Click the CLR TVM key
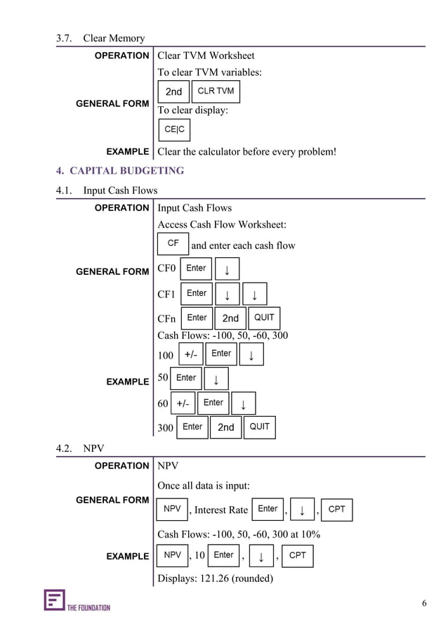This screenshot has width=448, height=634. click(216, 91)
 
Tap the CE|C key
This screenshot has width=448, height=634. click(174, 130)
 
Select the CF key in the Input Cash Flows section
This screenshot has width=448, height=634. click(173, 244)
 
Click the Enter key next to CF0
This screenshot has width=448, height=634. click(196, 269)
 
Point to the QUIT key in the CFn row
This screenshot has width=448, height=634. click(264, 318)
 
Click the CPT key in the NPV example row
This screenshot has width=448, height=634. click(298, 555)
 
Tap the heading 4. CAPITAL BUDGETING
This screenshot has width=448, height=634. click(120, 171)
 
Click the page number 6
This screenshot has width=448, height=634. click(424, 603)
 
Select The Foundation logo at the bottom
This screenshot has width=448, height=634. click(77, 601)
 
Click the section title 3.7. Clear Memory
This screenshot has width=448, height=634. click(100, 38)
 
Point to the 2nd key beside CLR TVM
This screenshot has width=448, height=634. click(173, 92)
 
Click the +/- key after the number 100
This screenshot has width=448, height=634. click(190, 355)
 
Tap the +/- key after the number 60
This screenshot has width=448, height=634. click(183, 403)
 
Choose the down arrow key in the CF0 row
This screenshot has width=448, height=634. click(227, 269)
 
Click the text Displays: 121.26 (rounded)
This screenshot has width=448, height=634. click(215, 578)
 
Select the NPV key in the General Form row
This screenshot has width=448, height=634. click(172, 509)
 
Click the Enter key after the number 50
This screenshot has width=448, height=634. click(186, 378)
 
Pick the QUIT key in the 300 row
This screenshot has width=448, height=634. click(259, 427)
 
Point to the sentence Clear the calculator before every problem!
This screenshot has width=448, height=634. click(246, 151)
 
